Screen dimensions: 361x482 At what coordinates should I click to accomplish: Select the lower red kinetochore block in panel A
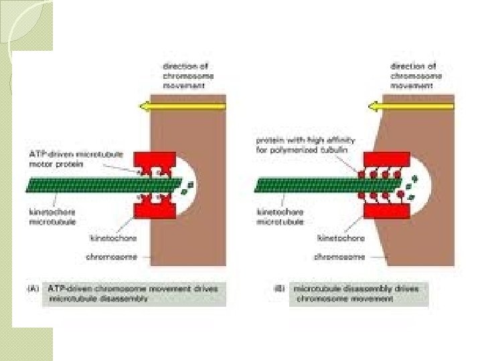(x=155, y=209)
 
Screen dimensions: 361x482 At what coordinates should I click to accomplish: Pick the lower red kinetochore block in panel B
(x=386, y=211)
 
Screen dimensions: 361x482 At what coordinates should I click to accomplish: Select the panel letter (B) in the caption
(x=279, y=289)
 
